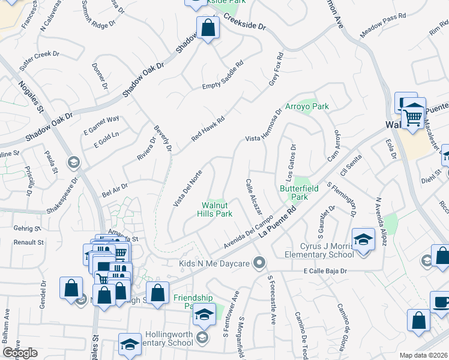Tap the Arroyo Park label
[307, 106]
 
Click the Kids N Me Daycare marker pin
[259, 263]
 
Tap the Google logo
[20, 352]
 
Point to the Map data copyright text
[424, 355]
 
